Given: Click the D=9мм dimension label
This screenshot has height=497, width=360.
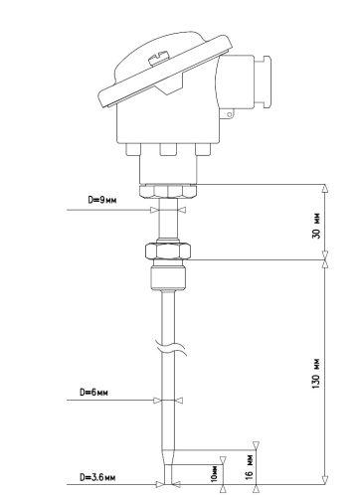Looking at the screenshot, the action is (102, 200).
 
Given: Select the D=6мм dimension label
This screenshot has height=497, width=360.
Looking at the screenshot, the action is (93, 392).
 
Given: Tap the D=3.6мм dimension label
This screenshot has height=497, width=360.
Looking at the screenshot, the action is (97, 477).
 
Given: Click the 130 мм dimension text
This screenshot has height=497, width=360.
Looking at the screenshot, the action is (317, 374).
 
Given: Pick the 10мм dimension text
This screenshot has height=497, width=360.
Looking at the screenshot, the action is (215, 474).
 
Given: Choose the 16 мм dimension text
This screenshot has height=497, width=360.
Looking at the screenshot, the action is (250, 467).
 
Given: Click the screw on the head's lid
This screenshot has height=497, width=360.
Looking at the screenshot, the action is (158, 59).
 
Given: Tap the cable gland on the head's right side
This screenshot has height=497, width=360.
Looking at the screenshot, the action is (262, 83).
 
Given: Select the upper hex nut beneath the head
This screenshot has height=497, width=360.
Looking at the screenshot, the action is (168, 191).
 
